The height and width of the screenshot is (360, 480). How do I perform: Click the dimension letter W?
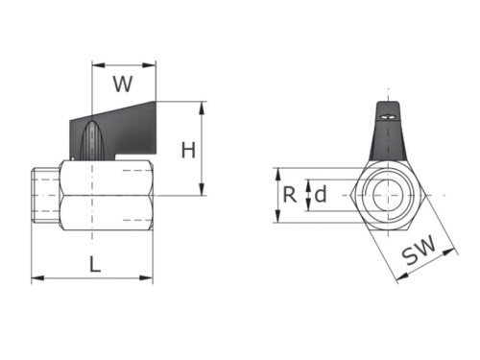click(123, 84)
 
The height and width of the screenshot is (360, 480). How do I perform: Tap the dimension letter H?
click(188, 150)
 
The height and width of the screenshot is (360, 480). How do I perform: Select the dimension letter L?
click(95, 264)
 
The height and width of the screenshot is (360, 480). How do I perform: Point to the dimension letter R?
click(290, 195)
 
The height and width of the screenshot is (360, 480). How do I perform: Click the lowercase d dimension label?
click(321, 194)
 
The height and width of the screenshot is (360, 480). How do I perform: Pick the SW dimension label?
click(419, 250)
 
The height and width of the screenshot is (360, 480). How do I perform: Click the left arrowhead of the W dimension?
click(98, 65)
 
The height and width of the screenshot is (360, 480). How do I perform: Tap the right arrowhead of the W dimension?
click(150, 65)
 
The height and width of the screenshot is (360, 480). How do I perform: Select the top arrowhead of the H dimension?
click(202, 108)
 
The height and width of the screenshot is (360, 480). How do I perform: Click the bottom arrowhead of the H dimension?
click(202, 189)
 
